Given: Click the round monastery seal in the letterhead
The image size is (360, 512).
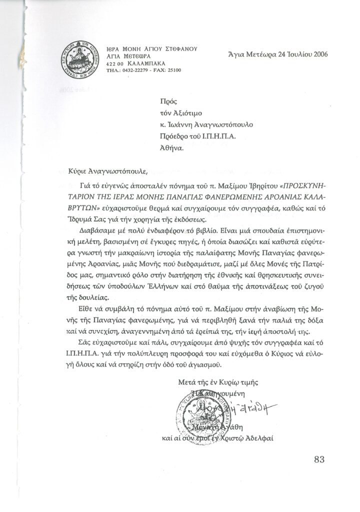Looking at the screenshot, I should point(76,59).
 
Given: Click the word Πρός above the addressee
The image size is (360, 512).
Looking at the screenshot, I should point(164,101).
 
